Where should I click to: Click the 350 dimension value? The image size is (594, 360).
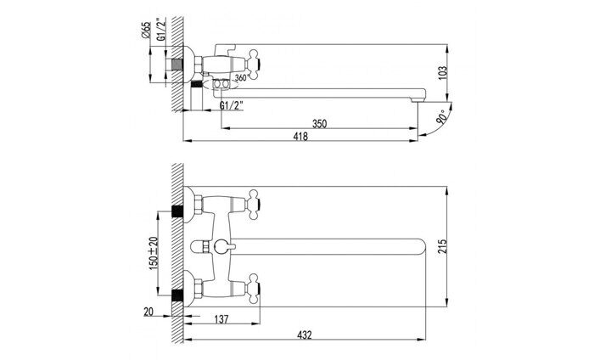pyautogui.click(x=319, y=123)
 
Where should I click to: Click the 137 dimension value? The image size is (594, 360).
pyautogui.click(x=222, y=319)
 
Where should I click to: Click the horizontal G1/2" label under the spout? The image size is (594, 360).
pyautogui.click(x=232, y=106)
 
